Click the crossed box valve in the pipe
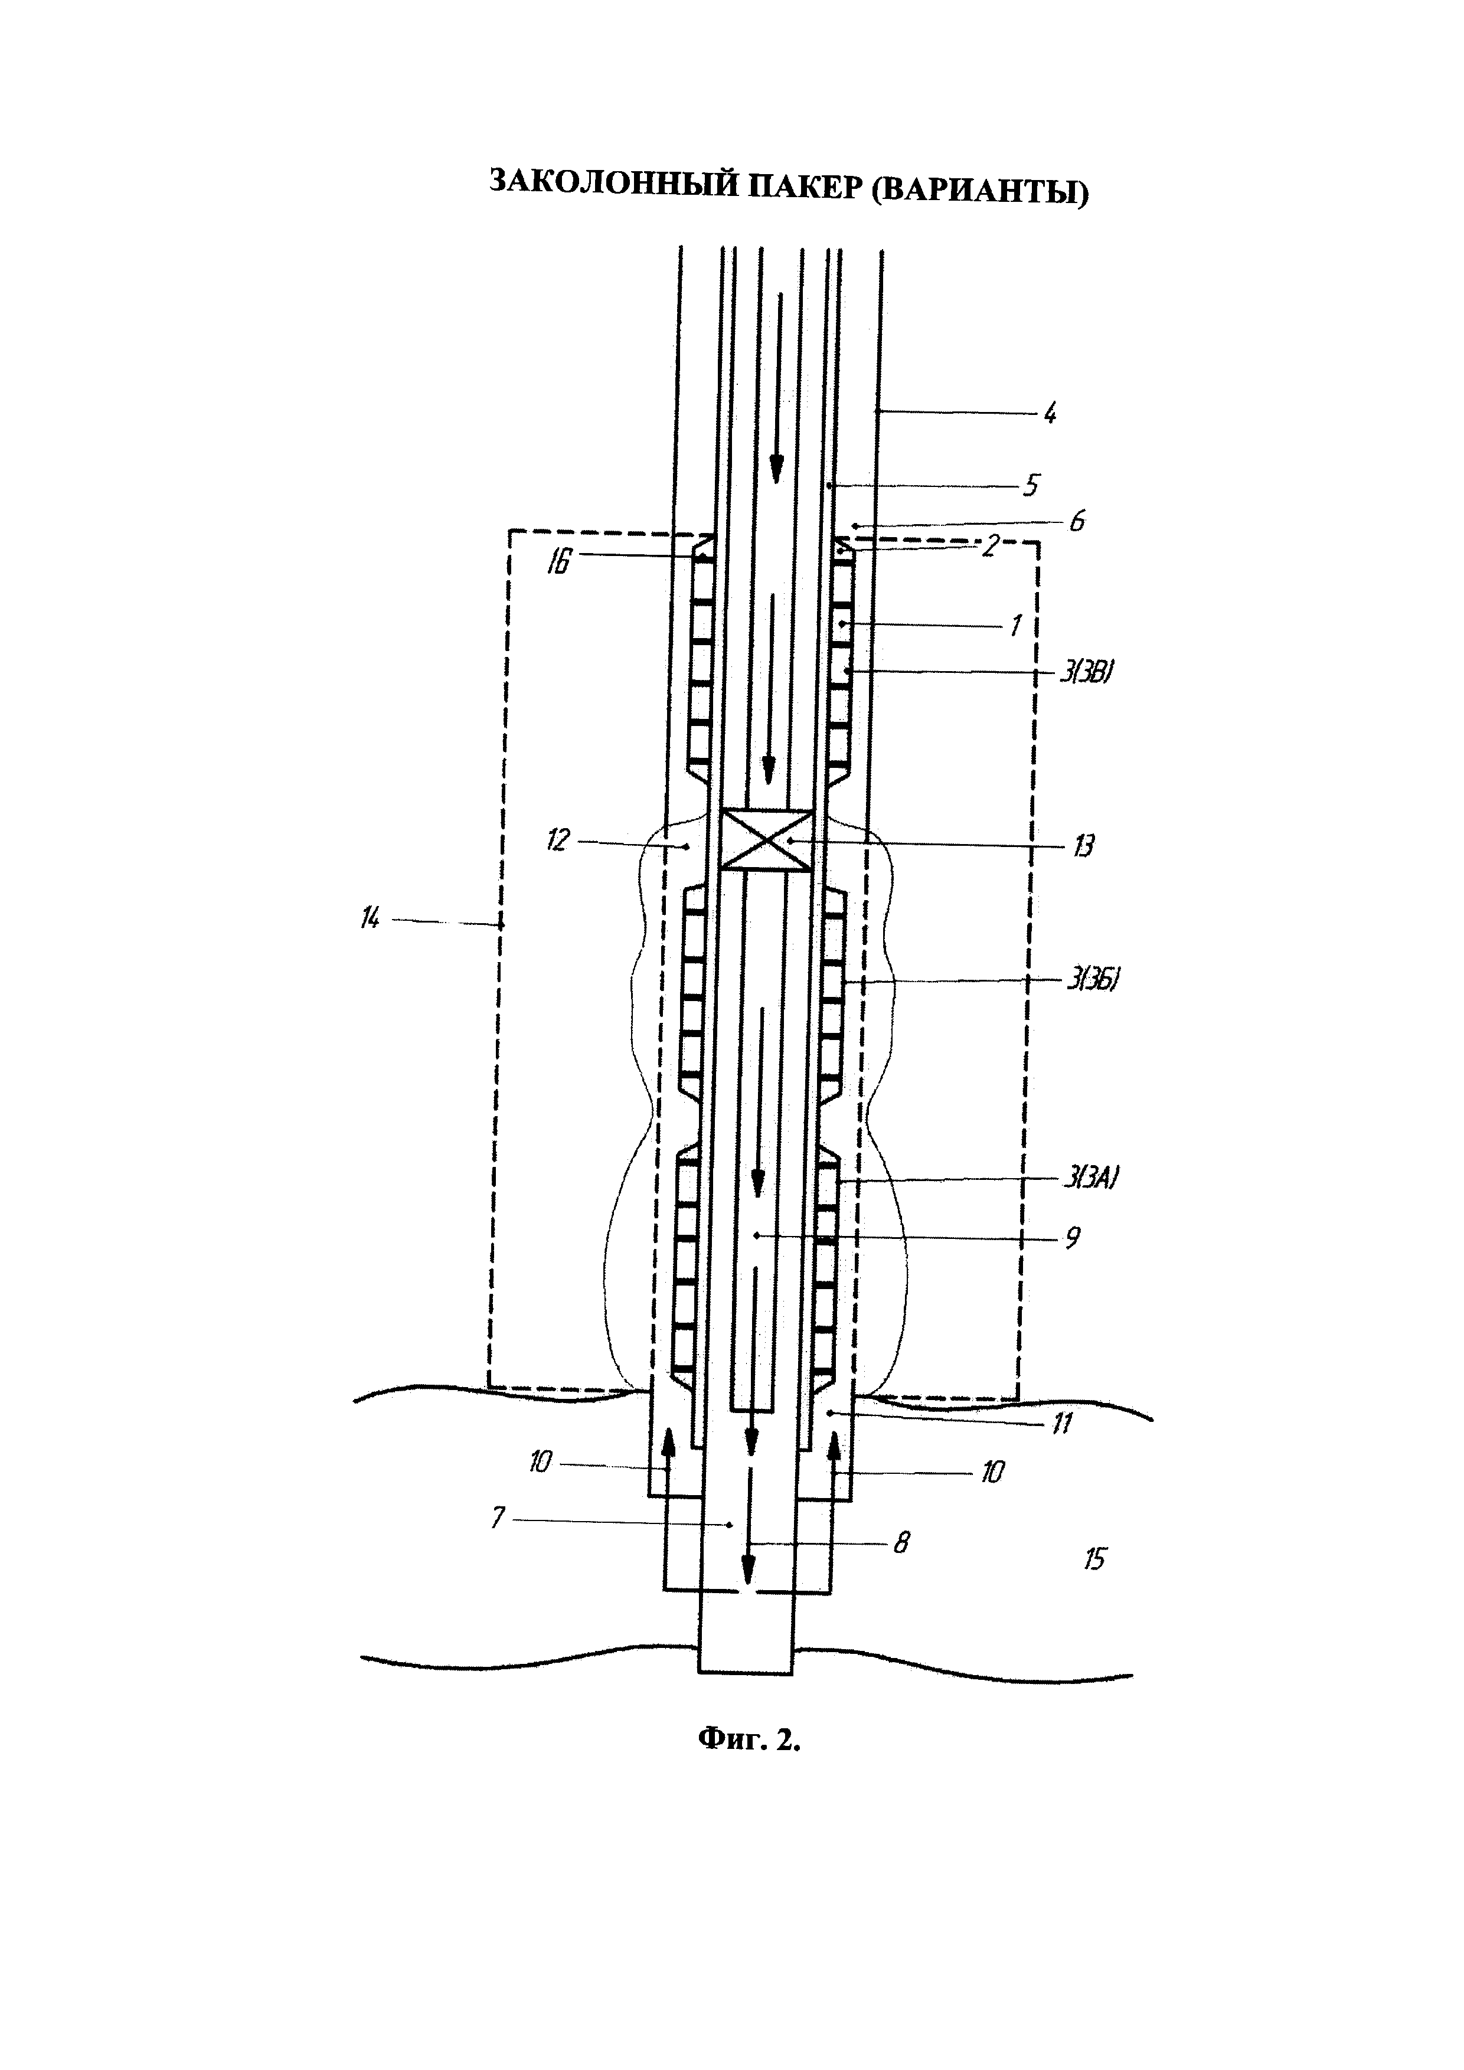click(767, 839)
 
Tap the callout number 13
click(1083, 846)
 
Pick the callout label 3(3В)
click(1083, 672)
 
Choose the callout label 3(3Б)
click(1093, 979)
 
